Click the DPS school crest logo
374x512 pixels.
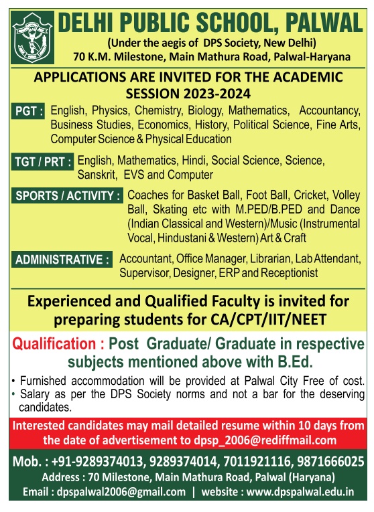pyautogui.click(x=32, y=37)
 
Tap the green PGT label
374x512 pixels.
pyautogui.click(x=28, y=111)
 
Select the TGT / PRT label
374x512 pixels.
pyautogui.click(x=42, y=162)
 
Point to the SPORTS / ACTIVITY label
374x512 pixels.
pyautogui.click(x=67, y=195)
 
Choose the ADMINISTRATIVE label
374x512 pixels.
pyautogui.click(x=62, y=260)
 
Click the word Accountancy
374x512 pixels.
pyautogui.click(x=330, y=111)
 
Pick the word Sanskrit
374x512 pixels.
pyautogui.click(x=97, y=175)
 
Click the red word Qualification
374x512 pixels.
pyautogui.click(x=54, y=344)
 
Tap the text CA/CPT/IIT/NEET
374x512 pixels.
pyautogui.click(x=268, y=319)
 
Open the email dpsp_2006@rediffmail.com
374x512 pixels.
pyautogui.click(x=265, y=440)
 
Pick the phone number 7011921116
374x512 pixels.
pyautogui.click(x=257, y=461)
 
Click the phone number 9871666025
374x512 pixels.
pyautogui.click(x=330, y=461)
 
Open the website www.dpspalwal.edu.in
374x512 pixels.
pyautogui.click(x=300, y=492)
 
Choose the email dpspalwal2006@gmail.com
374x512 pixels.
pyautogui.click(x=121, y=492)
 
